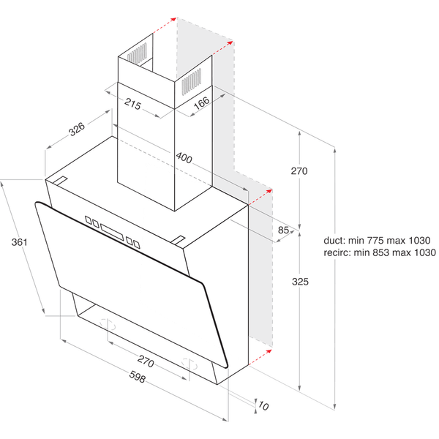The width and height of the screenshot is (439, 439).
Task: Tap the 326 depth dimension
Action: [x=77, y=130]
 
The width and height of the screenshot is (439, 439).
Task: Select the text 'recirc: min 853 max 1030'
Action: [x=378, y=253]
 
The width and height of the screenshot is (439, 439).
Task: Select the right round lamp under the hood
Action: [x=188, y=364]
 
